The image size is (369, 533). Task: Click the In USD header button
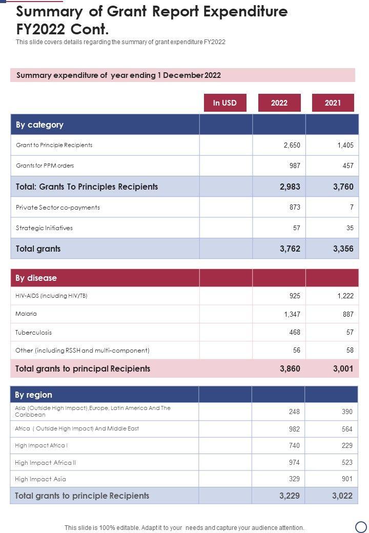(225, 102)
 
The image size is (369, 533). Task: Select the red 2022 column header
(279, 102)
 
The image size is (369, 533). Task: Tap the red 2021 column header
(333, 102)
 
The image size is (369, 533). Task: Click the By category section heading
(39, 125)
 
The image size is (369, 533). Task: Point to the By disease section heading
(36, 278)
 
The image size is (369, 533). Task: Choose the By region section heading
(33, 395)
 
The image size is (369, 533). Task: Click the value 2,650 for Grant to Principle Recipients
(292, 145)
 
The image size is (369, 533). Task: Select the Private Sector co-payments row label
(58, 207)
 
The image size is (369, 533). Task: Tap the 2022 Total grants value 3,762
(290, 249)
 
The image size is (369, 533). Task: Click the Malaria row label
(26, 314)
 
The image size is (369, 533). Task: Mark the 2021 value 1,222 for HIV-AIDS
(345, 296)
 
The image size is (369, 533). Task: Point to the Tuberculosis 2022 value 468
(294, 332)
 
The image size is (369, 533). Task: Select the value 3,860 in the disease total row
(290, 368)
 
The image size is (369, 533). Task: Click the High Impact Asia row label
(40, 479)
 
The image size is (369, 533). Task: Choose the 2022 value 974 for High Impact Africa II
(294, 462)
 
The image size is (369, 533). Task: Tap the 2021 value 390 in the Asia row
(347, 412)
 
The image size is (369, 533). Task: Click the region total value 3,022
(342, 496)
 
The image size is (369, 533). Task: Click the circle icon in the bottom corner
(361, 526)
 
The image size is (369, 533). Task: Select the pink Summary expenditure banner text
(118, 75)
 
